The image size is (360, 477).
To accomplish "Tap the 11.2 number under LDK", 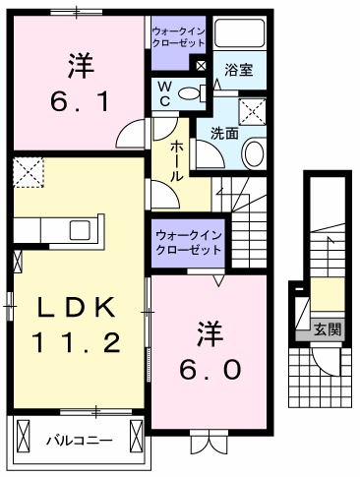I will tap(80, 342).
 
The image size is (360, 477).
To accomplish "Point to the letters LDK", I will tap(80, 309).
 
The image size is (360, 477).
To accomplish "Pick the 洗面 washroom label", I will tap(224, 133).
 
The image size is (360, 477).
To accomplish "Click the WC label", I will tap(166, 94).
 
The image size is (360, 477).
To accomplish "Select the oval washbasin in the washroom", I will tap(254, 152).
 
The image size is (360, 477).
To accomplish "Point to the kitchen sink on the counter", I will tap(80, 228).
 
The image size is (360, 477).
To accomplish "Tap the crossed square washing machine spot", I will tap(255, 111).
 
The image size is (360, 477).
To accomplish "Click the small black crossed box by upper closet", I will tap(201, 66).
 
